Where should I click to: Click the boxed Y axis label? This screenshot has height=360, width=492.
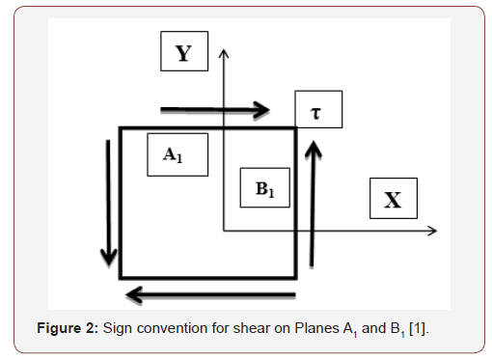pyautogui.click(x=182, y=52)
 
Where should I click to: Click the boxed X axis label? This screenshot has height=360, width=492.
pyautogui.click(x=394, y=200)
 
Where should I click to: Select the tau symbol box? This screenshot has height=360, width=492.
pyautogui.click(x=317, y=112)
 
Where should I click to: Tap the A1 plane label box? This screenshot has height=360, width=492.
pyautogui.click(x=177, y=154)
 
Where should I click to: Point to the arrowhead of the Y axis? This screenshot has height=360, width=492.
pyautogui.click(x=224, y=50)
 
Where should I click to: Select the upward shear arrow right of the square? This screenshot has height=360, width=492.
pyautogui.click(x=313, y=203)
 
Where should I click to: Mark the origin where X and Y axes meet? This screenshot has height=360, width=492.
pyautogui.click(x=224, y=231)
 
